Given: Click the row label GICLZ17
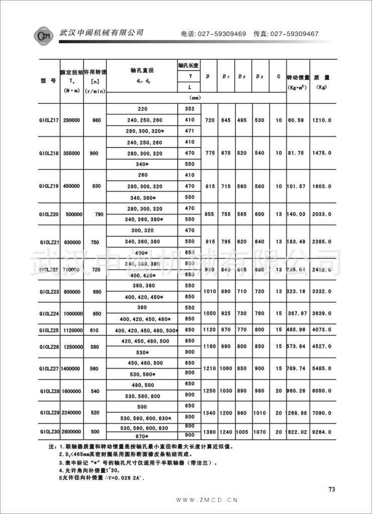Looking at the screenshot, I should click(49, 120).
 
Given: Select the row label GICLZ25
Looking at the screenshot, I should click(49, 330).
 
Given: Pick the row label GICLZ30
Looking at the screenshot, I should click(49, 431).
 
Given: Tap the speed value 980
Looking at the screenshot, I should click(97, 120).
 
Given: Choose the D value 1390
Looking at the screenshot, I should click(210, 431).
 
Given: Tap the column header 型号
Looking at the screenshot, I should click(48, 80).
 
